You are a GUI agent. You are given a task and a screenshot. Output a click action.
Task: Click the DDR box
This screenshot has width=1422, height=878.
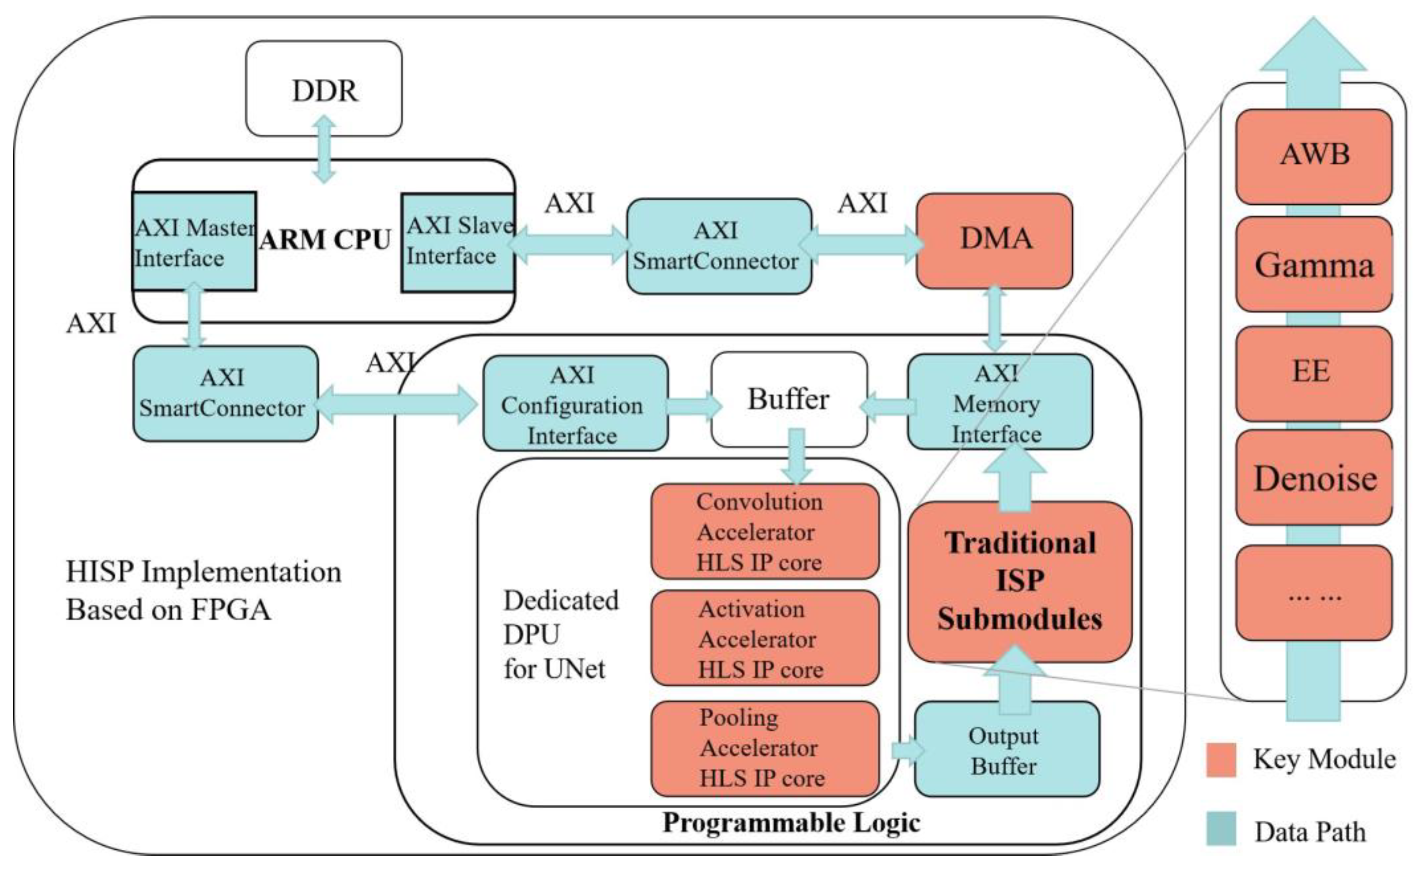pyautogui.click(x=324, y=89)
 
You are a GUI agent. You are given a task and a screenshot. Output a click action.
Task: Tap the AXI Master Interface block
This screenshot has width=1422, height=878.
pyautogui.click(x=193, y=242)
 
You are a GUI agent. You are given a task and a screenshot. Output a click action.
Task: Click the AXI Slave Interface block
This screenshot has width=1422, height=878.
pyautogui.click(x=458, y=242)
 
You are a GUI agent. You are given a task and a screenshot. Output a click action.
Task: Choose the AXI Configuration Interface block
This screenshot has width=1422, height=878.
pyautogui.click(x=574, y=404)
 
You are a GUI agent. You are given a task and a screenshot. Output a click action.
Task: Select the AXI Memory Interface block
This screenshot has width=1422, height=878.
pyautogui.click(x=999, y=402)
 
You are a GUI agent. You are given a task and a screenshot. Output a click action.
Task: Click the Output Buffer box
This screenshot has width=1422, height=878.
pyautogui.click(x=1006, y=750)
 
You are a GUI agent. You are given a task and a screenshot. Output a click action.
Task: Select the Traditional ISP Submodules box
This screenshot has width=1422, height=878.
pyautogui.click(x=1019, y=581)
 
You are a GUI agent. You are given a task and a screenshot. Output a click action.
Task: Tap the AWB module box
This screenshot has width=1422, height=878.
pyautogui.click(x=1313, y=156)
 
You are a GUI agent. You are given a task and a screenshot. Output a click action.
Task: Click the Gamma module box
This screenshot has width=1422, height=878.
pyautogui.click(x=1313, y=265)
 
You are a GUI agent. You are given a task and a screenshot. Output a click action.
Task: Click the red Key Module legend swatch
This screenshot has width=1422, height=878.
pyautogui.click(x=1220, y=759)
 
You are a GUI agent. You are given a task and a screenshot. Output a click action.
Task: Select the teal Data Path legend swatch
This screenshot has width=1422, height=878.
pyautogui.click(x=1220, y=829)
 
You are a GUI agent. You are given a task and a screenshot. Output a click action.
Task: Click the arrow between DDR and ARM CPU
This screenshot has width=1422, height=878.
pyautogui.click(x=324, y=149)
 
